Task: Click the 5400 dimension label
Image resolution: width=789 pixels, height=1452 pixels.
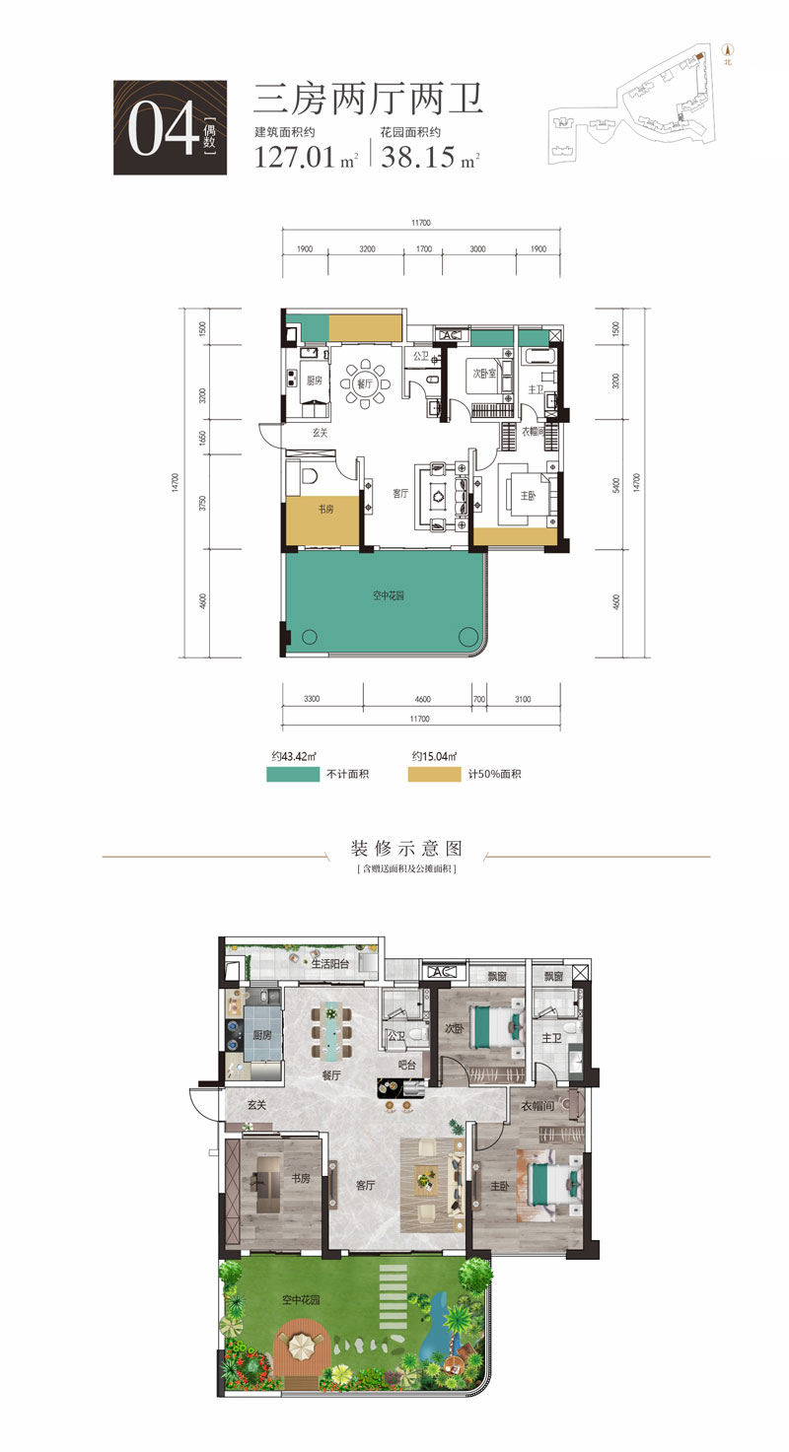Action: pyautogui.click(x=616, y=485)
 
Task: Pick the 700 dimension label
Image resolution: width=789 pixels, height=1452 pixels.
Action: pyautogui.click(x=479, y=699)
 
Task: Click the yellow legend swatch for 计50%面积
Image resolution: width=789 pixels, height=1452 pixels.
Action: pyautogui.click(x=435, y=774)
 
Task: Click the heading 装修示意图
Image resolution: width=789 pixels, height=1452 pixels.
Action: pyautogui.click(x=405, y=848)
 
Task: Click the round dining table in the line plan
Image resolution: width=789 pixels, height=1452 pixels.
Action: pyautogui.click(x=366, y=385)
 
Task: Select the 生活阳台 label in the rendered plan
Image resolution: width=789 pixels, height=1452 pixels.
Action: pyautogui.click(x=327, y=964)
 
